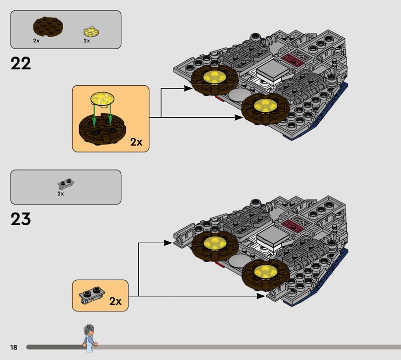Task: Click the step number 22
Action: (21, 64)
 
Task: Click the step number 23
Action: (21, 219)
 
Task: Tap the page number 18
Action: (14, 347)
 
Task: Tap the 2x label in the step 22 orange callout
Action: (136, 142)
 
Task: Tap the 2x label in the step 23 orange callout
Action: (115, 301)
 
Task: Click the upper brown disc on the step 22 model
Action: (214, 79)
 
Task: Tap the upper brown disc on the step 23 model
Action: (215, 244)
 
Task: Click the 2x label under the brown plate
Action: (37, 41)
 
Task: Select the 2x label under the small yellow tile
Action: (87, 41)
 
